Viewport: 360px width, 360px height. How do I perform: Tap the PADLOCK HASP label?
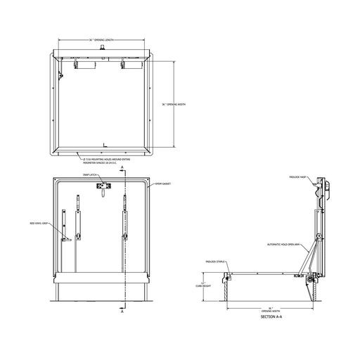pyautogui.click(x=300, y=179)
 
